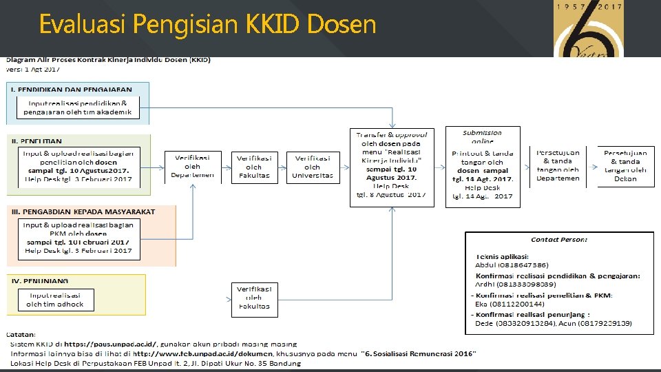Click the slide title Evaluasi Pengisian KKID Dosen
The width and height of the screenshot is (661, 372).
[x=207, y=25]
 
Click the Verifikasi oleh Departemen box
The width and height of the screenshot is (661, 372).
[x=193, y=167]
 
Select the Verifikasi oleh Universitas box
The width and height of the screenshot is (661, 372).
[x=313, y=167]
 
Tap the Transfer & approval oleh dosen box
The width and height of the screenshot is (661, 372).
[x=391, y=166]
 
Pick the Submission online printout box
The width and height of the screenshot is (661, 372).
[x=482, y=166]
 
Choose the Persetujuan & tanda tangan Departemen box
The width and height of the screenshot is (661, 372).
[x=558, y=166]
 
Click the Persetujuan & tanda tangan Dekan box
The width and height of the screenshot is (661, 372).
[x=625, y=166]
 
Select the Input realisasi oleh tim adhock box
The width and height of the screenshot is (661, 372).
[x=55, y=300]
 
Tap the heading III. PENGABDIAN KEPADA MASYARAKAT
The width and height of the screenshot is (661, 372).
[x=83, y=211]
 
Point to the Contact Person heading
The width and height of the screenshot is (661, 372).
[x=559, y=240]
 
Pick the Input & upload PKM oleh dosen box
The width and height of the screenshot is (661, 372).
[x=78, y=238]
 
